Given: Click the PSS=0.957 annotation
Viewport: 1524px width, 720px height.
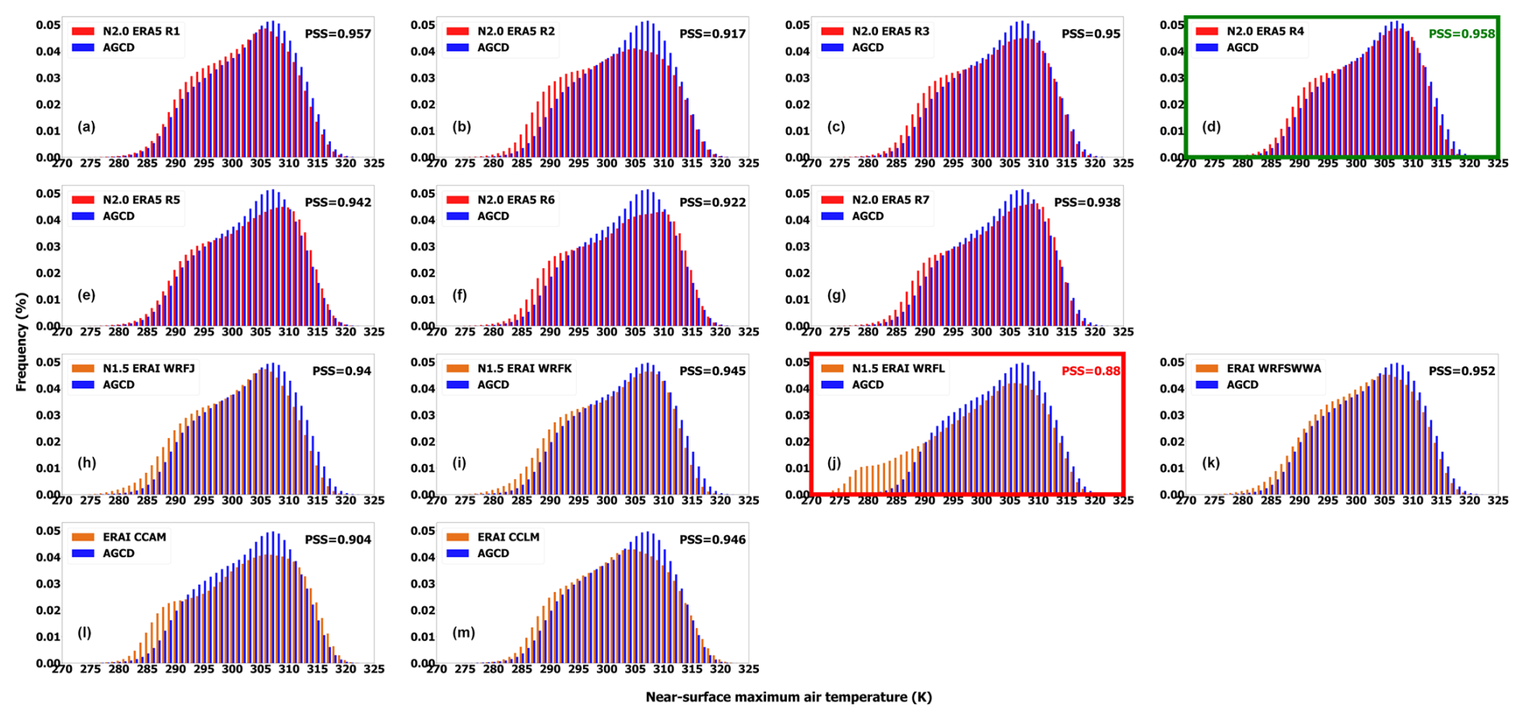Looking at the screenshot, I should click(x=338, y=34).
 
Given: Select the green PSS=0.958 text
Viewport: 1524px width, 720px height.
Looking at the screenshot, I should click(x=1461, y=34).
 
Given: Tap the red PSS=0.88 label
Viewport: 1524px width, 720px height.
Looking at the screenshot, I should click(x=1091, y=371).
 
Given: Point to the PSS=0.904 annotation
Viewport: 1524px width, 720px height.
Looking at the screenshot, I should click(x=338, y=540).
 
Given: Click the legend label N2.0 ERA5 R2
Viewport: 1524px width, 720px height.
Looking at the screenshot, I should click(x=516, y=31).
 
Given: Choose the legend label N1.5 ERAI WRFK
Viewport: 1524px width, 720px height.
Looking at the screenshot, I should click(x=524, y=369).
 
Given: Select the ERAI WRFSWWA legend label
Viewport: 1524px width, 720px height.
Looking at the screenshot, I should click(x=1273, y=369).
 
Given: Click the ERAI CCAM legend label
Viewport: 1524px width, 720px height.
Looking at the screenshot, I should click(x=135, y=537).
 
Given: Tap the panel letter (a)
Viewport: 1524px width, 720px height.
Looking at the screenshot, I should click(x=86, y=126).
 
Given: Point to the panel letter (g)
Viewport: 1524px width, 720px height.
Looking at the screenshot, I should click(x=836, y=295).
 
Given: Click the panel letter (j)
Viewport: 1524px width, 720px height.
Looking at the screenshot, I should click(x=834, y=463).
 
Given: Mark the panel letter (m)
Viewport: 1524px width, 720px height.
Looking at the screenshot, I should click(x=463, y=632).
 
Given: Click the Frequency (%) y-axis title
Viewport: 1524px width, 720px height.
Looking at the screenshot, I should click(x=22, y=342).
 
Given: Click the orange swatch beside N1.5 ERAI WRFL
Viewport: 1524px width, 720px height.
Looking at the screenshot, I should click(x=832, y=369).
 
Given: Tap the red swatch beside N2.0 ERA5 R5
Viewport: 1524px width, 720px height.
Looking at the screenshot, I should click(x=83, y=200).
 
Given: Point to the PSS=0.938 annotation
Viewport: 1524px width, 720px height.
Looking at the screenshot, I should click(x=1087, y=203).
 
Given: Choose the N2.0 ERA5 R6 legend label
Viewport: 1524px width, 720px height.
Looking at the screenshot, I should click(x=516, y=200).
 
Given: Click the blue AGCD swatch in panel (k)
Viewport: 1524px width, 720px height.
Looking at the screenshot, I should click(x=1207, y=385).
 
